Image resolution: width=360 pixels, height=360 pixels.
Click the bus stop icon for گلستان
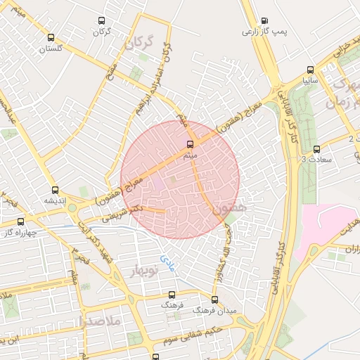[x=50, y=38]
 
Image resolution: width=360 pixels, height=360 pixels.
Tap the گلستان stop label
[x=50, y=49]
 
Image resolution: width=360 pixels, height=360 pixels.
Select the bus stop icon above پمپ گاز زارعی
[x=264, y=21]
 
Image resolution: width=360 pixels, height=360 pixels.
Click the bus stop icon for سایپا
[x=310, y=70]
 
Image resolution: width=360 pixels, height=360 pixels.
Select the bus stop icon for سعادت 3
[x=316, y=149]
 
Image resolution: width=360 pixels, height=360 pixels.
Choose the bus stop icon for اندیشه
[x=55, y=190]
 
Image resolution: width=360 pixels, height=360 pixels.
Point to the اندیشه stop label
[x=55, y=201]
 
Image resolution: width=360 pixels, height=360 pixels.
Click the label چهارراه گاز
[x=16, y=232]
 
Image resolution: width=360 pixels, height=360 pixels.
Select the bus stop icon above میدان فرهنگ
[x=214, y=299]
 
